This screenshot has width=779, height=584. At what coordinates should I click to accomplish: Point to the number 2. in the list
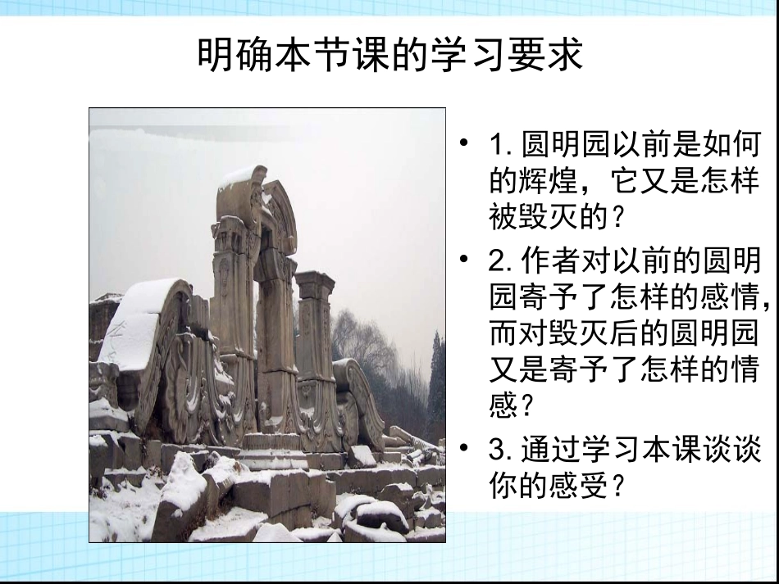tap(500, 261)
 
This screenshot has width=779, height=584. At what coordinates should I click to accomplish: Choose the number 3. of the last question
tap(500, 450)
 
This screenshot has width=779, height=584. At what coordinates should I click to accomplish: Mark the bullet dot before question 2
tap(465, 260)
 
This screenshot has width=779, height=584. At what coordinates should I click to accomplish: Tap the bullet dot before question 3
tap(465, 448)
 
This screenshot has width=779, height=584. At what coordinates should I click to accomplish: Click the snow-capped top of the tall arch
tap(243, 176)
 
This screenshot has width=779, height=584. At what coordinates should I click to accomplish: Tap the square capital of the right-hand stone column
tap(315, 286)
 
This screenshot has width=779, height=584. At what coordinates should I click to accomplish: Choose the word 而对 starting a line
tap(521, 335)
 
